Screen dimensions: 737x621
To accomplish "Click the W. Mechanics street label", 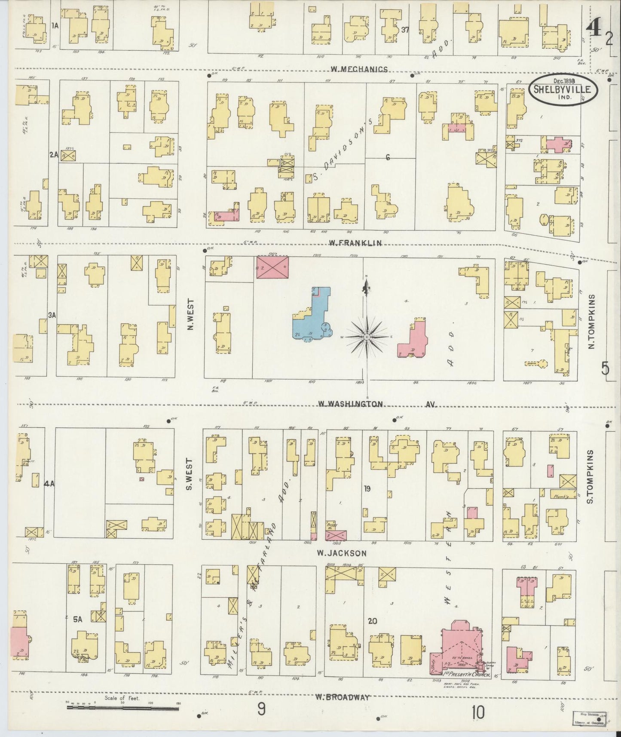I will coord(360,69).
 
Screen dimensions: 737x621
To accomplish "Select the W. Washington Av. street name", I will coord(377,404).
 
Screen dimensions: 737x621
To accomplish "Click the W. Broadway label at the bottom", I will coord(342,697).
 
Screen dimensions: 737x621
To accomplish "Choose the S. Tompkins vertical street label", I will coord(590,477).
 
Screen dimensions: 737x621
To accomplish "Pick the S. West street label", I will coord(189,473).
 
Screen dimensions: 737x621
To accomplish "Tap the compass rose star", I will coord(366,338).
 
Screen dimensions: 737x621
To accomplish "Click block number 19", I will coord(367,488).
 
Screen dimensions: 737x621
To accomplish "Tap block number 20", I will coord(373,621).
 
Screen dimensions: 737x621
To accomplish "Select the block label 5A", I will coord(77,620).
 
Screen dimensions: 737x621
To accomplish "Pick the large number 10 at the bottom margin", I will coord(477,712).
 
